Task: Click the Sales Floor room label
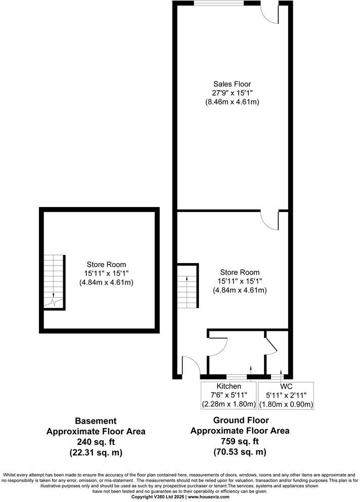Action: coord(232,84)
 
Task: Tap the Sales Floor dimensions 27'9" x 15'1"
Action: coord(232,93)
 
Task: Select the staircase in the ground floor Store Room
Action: coord(187,285)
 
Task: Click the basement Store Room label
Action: coord(106,264)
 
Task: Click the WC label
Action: coord(286,387)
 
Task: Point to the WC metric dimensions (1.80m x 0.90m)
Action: coord(286,404)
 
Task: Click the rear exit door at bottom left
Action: coord(191,365)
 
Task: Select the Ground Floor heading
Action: coord(241,420)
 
